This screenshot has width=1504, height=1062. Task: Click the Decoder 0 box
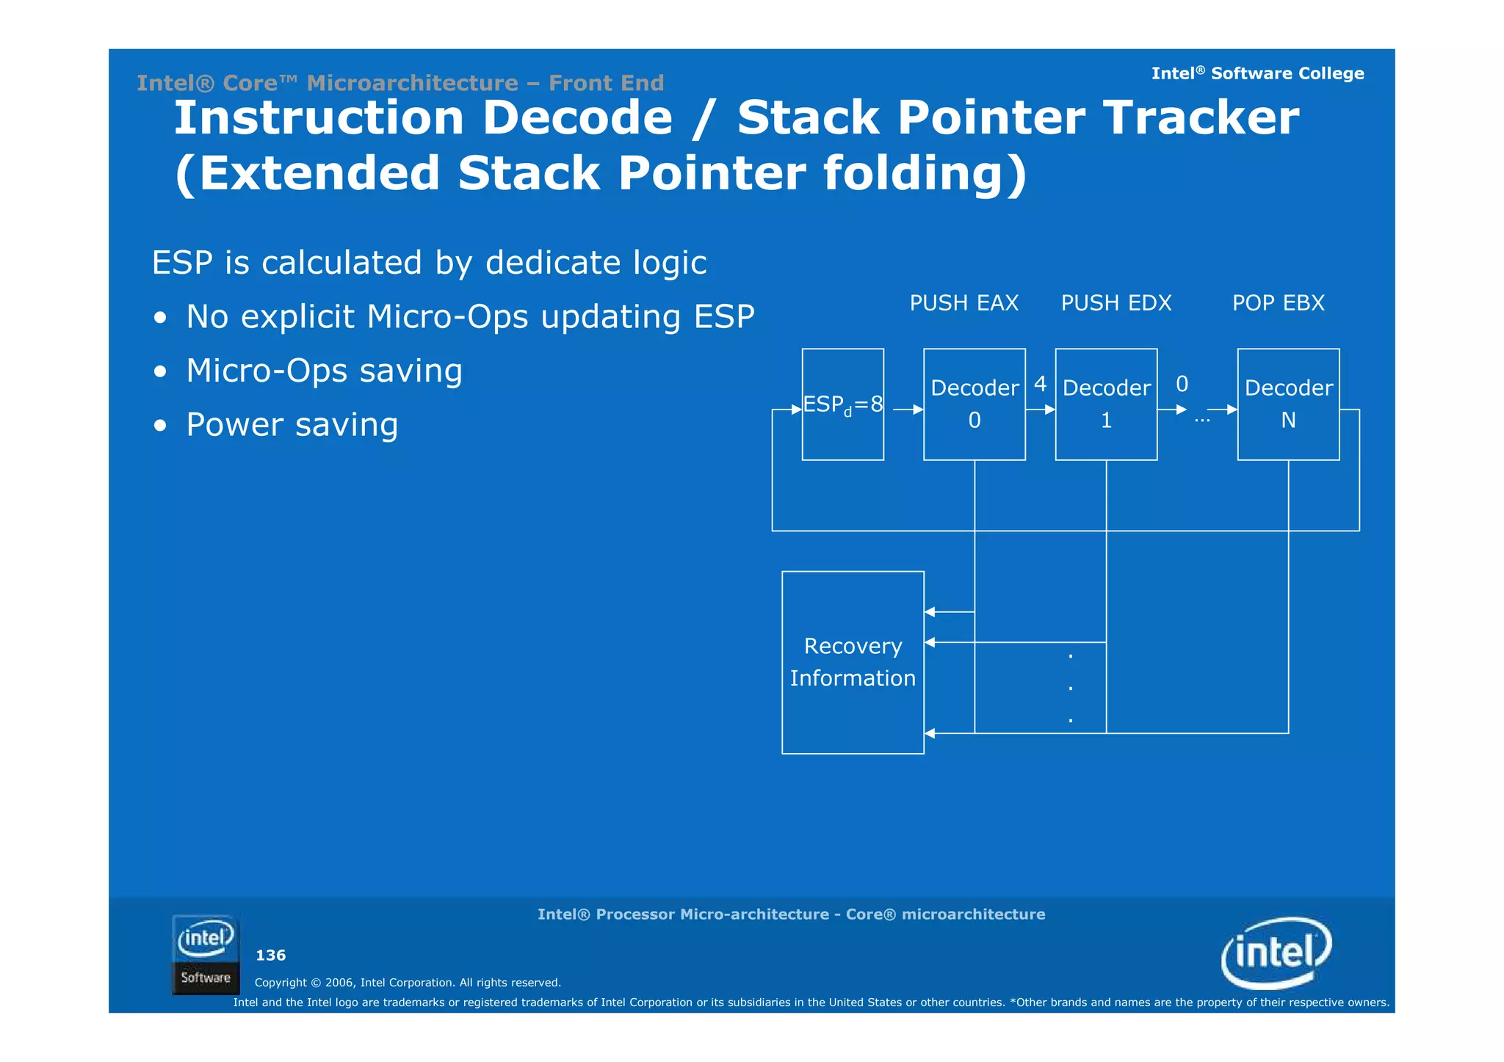(974, 404)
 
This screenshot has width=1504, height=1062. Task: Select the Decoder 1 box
(1105, 404)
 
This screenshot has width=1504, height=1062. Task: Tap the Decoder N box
(1287, 404)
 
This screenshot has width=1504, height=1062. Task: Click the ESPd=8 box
(842, 404)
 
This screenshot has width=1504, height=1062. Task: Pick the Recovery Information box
(852, 661)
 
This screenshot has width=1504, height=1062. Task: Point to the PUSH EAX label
(963, 302)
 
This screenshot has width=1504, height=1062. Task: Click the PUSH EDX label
(1116, 302)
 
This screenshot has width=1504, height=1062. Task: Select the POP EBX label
(1278, 302)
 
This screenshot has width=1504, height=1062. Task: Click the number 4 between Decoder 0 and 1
(1040, 383)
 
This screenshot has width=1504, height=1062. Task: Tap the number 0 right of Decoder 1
(1182, 383)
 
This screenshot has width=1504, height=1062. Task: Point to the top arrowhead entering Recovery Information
(930, 611)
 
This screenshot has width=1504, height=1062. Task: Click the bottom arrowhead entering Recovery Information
(930, 732)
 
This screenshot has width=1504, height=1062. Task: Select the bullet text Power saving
(292, 424)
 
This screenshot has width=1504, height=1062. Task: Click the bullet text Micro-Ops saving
(324, 370)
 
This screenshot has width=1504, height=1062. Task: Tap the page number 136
(270, 955)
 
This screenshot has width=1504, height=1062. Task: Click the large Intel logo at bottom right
(1276, 952)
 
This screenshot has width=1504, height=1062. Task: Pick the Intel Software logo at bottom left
(206, 954)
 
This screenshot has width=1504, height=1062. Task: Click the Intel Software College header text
(1257, 73)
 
